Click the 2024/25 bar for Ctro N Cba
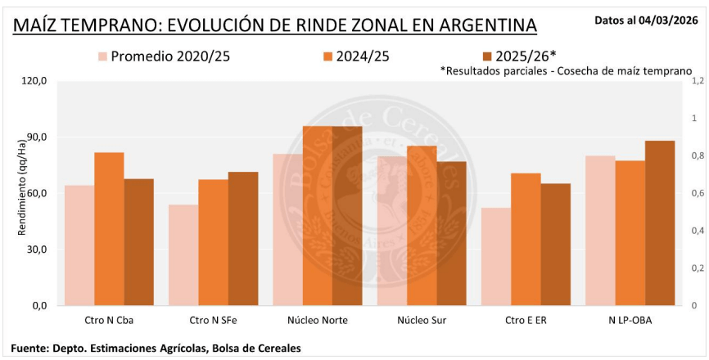click(x=109, y=229)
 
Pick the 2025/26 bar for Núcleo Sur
click(x=451, y=233)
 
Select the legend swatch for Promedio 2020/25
click(x=102, y=56)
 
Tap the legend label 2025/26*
click(x=525, y=56)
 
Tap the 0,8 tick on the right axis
click(x=698, y=156)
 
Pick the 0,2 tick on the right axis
click(x=698, y=268)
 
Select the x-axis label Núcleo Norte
click(x=318, y=320)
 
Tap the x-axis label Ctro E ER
click(x=526, y=320)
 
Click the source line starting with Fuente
click(x=156, y=348)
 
